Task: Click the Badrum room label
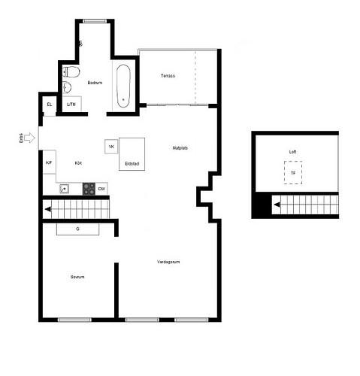[95, 82]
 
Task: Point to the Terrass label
[168, 76]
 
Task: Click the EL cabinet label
[50, 104]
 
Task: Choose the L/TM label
[71, 105]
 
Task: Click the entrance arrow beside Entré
[29, 138]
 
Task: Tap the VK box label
[111, 146]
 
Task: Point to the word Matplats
[180, 147]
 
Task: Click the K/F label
[49, 162]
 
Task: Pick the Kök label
[78, 162]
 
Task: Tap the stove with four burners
[89, 188]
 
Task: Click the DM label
[101, 188]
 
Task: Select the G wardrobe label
[77, 229]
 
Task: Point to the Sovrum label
[77, 277]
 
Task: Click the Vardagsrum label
[168, 262]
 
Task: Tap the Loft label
[293, 151]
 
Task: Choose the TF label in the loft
[293, 173]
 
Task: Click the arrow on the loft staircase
[277, 203]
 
